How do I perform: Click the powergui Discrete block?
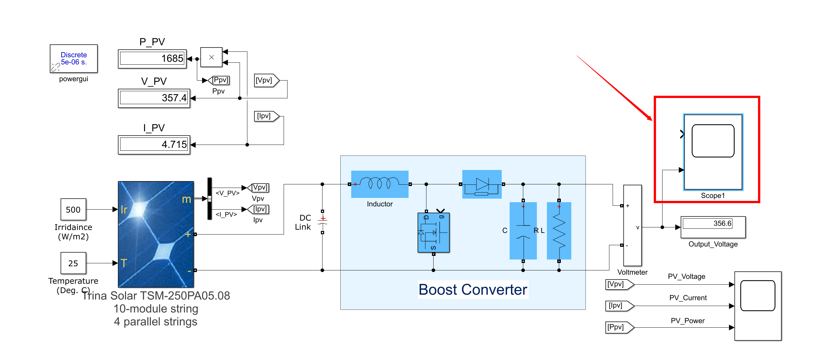74,59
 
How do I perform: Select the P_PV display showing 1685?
152,59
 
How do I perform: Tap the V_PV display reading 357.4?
154,98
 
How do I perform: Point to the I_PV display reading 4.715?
154,145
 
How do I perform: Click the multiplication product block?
211,57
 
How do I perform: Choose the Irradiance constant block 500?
73,210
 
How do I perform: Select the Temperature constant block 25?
73,263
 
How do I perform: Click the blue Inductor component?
379,184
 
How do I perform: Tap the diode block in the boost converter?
482,184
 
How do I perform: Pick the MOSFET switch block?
434,232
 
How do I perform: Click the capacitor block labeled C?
523,231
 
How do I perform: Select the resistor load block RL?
559,231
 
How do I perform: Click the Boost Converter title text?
473,290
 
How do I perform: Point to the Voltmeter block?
632,225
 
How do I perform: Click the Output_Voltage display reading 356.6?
713,227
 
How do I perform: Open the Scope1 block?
713,152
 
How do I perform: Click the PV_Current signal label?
688,298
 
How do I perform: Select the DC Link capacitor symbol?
323,222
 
